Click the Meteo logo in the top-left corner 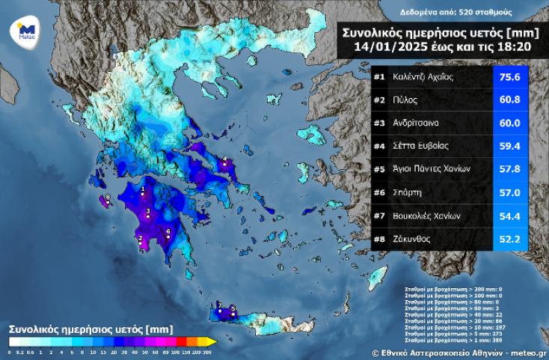click(26, 32)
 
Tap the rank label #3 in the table click(379, 123)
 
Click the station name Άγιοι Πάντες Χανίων click(432, 170)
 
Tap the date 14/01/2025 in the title click(386, 46)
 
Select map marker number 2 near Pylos click(140, 241)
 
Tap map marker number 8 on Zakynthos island click(107, 200)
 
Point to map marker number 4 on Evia click(224, 160)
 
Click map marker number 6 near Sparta click(168, 234)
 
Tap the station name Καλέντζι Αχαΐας click(423, 77)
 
